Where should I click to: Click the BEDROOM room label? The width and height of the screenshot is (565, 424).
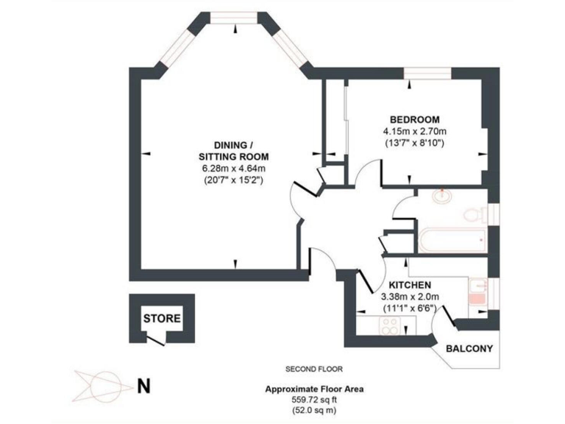[415, 120]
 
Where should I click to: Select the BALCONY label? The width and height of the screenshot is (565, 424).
[466, 348]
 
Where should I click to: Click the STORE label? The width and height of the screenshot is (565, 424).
[161, 319]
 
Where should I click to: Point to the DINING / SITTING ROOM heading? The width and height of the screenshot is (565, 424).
[232, 151]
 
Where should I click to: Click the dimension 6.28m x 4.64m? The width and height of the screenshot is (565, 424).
[232, 169]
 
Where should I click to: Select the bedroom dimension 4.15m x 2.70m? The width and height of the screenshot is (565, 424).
[415, 132]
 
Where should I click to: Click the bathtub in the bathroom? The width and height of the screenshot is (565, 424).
[450, 241]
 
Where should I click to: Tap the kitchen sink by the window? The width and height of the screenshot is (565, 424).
[477, 293]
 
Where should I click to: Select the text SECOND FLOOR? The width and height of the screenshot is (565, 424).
[314, 368]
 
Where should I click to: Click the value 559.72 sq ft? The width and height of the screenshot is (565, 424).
[314, 400]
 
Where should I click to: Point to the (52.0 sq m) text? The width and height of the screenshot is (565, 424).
[314, 410]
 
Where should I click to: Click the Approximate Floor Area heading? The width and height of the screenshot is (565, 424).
[314, 389]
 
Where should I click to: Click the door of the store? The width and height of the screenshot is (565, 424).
[155, 339]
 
